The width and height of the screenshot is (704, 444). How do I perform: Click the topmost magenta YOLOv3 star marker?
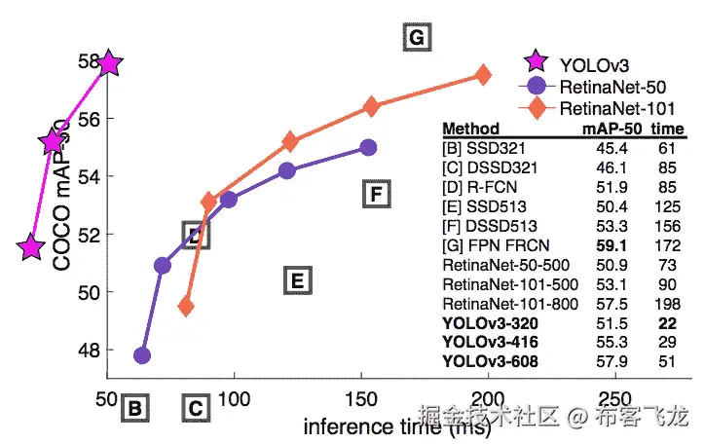point(108,64)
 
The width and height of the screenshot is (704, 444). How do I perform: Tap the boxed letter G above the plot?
point(416,38)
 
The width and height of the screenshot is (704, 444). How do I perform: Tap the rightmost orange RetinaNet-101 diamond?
point(482,75)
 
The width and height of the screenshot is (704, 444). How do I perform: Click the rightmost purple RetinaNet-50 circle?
point(368,147)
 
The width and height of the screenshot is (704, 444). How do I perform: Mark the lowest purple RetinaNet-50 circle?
point(142,354)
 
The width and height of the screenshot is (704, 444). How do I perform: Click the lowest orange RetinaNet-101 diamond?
point(186,307)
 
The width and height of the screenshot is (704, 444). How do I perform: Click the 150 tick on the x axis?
point(361,399)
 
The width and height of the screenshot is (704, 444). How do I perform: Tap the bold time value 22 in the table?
point(667,324)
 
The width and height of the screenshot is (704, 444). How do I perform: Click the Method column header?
point(470,129)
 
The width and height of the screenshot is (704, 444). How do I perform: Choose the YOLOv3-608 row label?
point(489,362)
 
